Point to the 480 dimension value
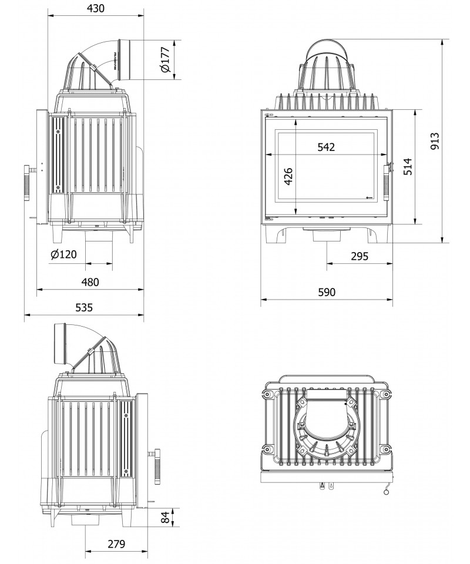pos(90,282)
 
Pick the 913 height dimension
pos(435,142)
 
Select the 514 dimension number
pos(408,167)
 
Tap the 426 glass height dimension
pos(287,176)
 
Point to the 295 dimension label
pos(359,256)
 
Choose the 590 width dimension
pos(326,293)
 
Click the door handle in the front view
pos(387,182)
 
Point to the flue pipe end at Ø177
pos(125,59)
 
